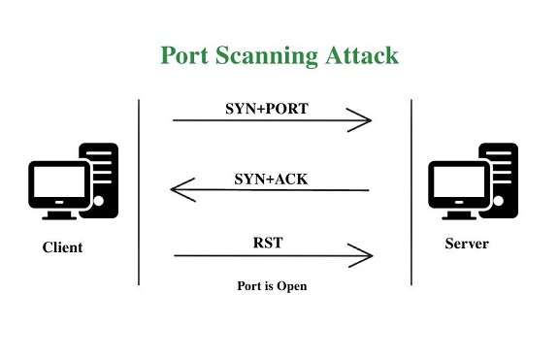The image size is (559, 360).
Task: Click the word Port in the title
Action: click(x=188, y=55)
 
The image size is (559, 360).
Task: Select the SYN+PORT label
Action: click(x=267, y=108)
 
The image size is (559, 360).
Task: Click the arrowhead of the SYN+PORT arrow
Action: click(x=365, y=121)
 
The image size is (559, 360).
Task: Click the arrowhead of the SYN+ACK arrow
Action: click(x=179, y=189)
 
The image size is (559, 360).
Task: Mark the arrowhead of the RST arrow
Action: click(x=365, y=256)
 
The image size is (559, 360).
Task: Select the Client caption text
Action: click(x=62, y=247)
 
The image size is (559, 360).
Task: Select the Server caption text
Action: click(x=466, y=244)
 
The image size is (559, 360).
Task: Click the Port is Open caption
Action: click(x=271, y=286)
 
